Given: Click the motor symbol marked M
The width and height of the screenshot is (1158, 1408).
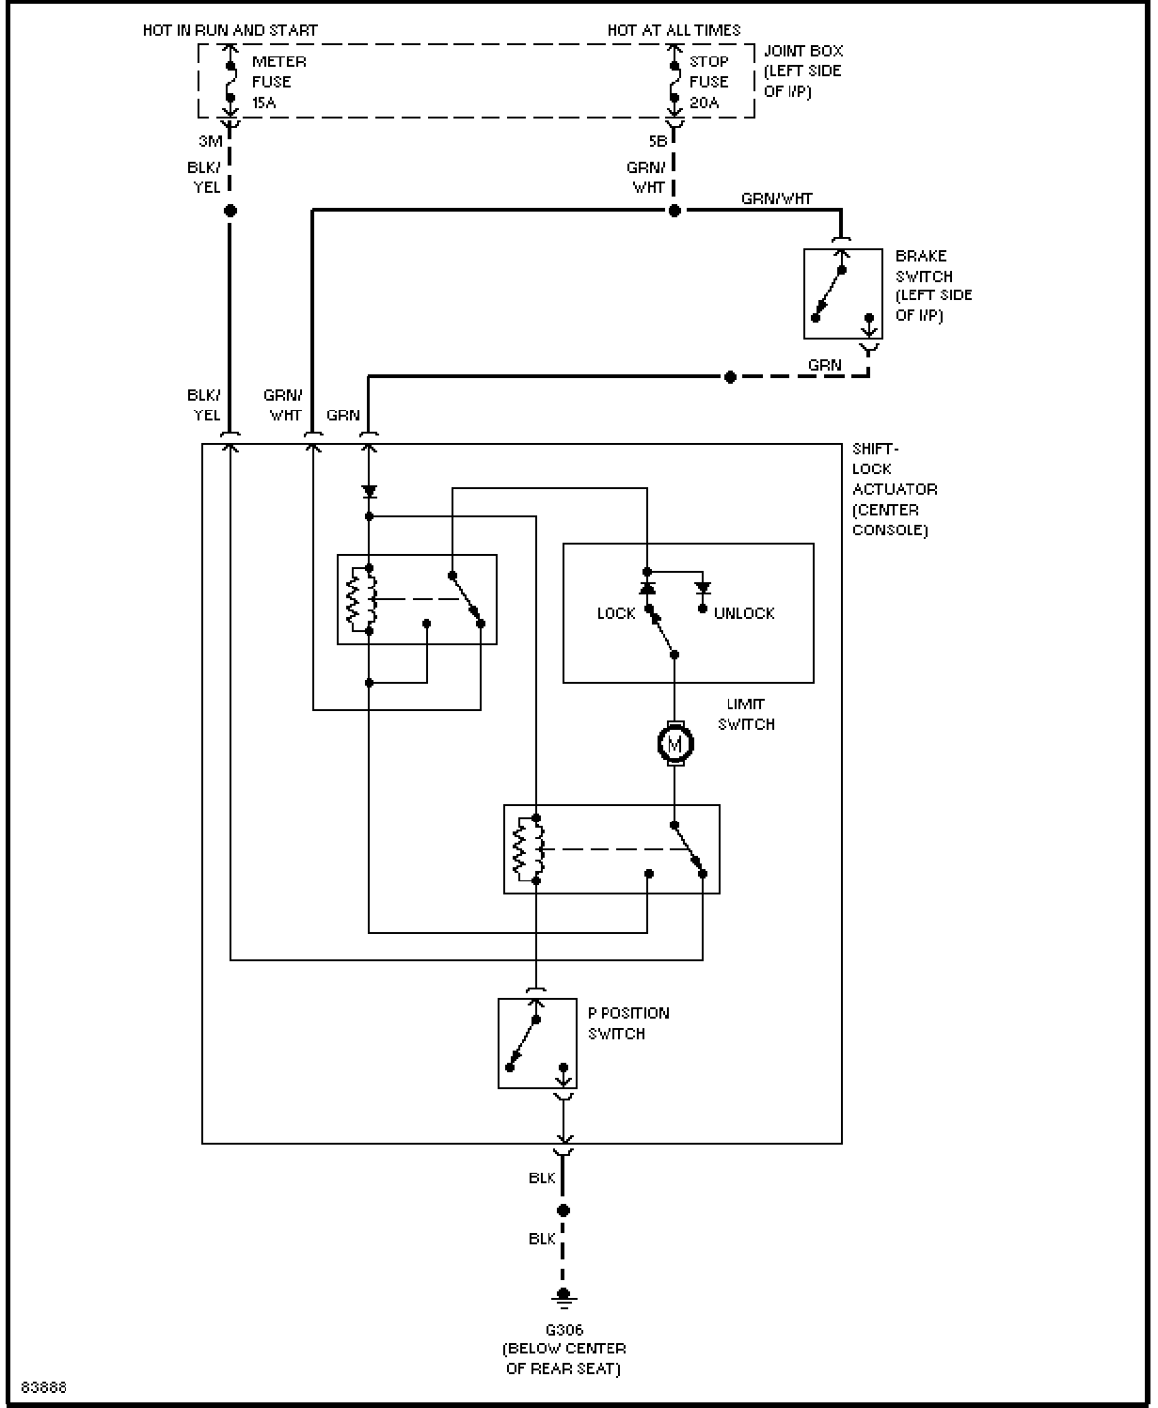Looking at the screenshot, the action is tap(675, 744).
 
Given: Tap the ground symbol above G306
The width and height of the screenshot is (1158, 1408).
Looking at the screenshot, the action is tap(563, 1297).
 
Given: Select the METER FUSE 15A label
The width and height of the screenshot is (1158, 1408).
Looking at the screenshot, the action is tap(279, 82).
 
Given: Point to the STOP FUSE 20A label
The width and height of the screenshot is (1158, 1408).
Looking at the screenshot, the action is tap(708, 82).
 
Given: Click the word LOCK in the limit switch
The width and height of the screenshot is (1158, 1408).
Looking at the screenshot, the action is tap(616, 613).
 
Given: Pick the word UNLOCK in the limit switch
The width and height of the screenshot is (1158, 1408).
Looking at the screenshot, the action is tap(744, 613).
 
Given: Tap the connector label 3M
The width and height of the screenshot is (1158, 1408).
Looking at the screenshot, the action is tap(211, 141).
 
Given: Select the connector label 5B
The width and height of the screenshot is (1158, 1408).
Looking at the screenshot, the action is tap(658, 141).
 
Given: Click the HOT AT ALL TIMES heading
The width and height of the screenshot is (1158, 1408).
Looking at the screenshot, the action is tap(674, 30).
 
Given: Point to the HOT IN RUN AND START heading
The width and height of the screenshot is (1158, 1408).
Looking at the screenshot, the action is tap(230, 30).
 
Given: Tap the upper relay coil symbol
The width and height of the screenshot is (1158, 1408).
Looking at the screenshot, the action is tap(361, 599).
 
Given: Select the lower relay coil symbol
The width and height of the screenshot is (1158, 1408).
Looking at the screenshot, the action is tap(529, 849).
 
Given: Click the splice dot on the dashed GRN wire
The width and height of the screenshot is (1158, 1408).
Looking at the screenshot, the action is tap(730, 377).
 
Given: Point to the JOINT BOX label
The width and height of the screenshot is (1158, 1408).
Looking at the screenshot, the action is tap(803, 71).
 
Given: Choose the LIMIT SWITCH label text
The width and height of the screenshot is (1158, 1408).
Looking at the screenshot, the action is tap(746, 715).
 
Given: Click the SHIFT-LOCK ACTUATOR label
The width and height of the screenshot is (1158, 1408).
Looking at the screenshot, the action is tap(895, 489).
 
